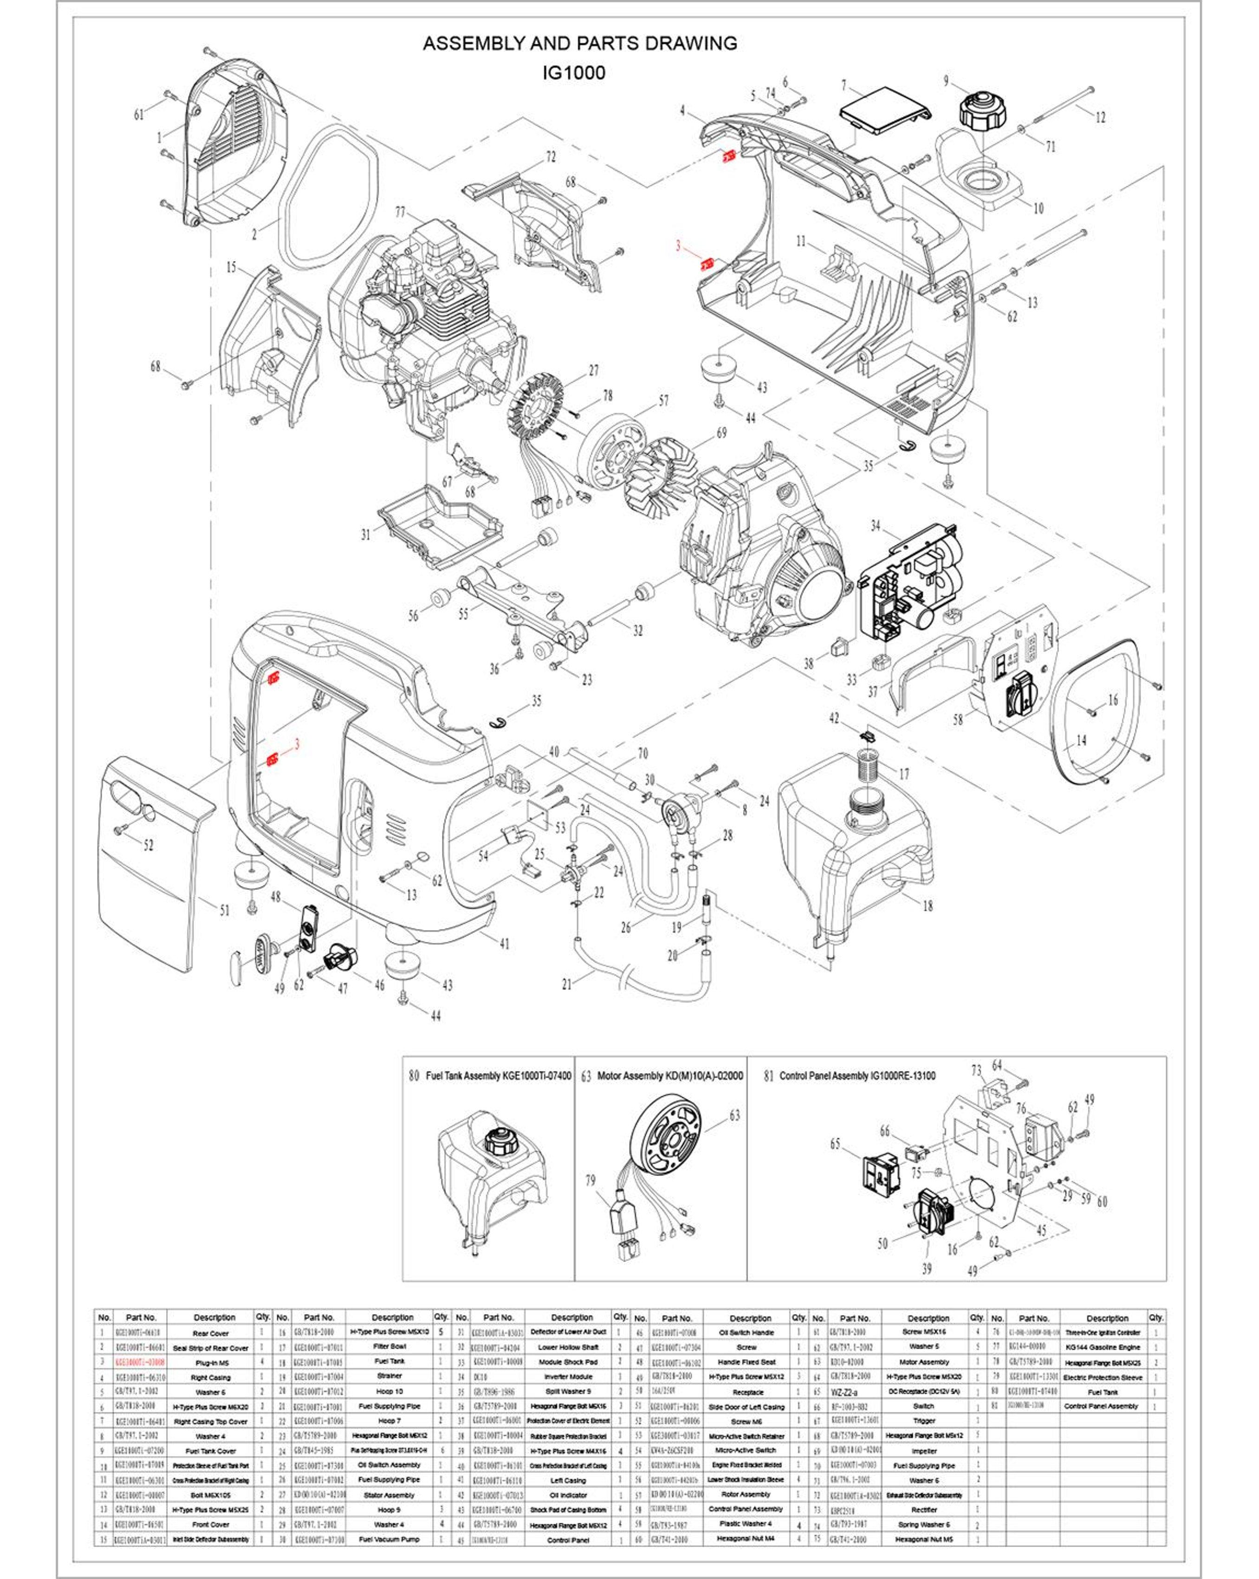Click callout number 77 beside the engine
click(400, 212)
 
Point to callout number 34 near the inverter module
click(876, 526)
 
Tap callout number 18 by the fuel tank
click(928, 906)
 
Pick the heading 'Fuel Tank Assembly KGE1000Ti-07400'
click(498, 1076)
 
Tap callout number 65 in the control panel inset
click(835, 1144)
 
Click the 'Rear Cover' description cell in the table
click(211, 1333)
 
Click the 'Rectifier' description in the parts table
click(924, 1490)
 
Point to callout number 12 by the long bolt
click(1099, 117)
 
